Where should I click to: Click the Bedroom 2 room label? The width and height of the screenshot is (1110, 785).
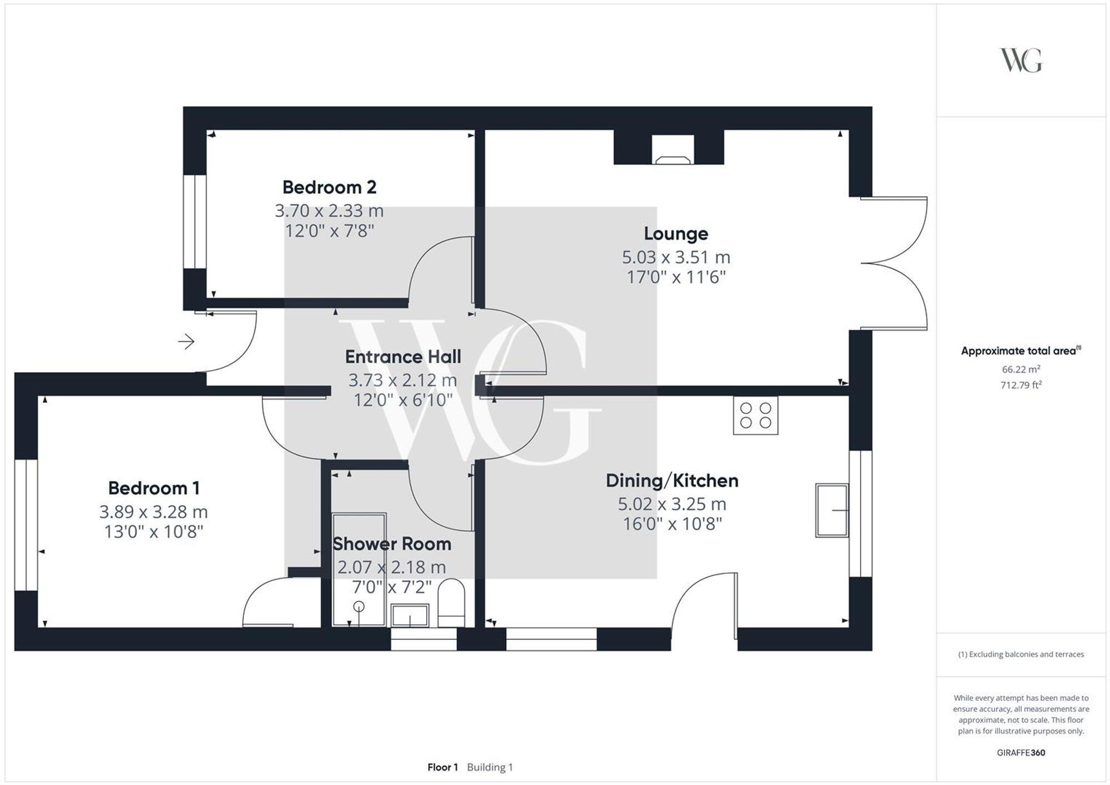coord(329,188)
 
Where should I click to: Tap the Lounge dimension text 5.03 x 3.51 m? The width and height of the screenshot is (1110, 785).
coord(675,257)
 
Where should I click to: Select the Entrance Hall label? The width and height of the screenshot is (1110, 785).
coord(403,357)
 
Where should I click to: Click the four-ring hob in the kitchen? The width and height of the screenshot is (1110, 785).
coord(755,416)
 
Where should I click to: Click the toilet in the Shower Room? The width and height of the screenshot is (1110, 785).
coord(451,603)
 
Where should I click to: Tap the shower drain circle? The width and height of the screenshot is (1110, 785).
coord(359,606)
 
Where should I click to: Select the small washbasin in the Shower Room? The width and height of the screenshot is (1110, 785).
coord(410,616)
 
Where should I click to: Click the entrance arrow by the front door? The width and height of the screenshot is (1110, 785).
coord(186,342)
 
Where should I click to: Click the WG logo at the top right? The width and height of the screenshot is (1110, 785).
coord(1021,60)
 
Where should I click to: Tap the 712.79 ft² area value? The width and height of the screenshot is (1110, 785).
coord(1021,385)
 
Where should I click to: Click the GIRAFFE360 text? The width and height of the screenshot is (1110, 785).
coord(1021,753)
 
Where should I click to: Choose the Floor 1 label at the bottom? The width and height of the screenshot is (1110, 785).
coord(442,767)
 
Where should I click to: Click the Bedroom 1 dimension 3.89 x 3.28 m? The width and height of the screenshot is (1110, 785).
coord(154,512)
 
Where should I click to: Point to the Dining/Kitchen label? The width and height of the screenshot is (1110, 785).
coord(672,481)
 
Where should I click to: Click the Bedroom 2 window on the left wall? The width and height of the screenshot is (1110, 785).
coord(195,221)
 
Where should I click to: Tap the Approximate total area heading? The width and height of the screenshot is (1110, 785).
coord(1020,351)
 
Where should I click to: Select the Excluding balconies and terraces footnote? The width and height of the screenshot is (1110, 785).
coord(1021,655)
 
